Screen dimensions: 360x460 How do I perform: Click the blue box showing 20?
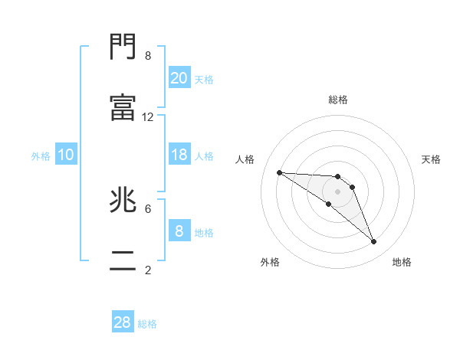[179, 77]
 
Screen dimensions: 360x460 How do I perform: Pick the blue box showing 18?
[179, 155]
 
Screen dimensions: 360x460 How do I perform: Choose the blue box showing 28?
[123, 322]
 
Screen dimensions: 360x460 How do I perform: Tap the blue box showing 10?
[66, 155]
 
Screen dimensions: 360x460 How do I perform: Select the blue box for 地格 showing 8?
[179, 231]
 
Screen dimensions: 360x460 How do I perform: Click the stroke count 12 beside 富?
[148, 117]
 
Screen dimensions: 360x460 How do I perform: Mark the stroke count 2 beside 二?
[148, 270]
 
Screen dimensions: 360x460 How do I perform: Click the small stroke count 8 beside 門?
[148, 56]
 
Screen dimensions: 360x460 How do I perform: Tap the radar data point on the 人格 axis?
[279, 172]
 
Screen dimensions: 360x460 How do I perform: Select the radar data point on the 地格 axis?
[374, 242]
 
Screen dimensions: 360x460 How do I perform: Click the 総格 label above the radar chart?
[338, 100]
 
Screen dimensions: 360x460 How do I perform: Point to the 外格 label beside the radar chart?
[270, 262]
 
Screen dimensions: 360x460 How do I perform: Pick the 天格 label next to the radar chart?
[432, 159]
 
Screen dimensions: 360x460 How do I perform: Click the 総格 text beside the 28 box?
[147, 324]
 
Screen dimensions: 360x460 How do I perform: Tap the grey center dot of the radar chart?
[338, 191]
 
